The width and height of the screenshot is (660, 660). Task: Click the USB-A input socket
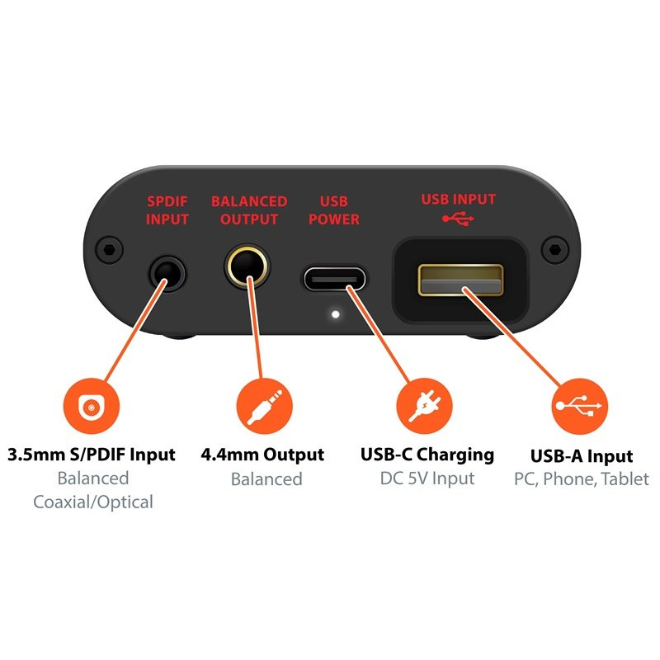(x=460, y=280)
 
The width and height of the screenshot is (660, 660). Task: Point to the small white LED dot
(x=334, y=313)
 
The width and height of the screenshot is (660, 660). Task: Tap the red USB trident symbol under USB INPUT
(x=459, y=218)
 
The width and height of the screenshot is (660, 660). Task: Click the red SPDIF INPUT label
(x=167, y=210)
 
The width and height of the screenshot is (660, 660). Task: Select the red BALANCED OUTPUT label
(x=249, y=210)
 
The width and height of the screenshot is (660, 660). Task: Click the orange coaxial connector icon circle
(x=92, y=405)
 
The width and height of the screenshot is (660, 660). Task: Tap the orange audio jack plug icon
(x=264, y=405)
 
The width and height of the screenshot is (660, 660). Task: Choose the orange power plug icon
(x=424, y=405)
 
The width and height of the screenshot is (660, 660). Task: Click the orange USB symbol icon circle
(x=579, y=405)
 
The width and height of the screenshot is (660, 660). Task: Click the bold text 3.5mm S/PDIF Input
(x=92, y=454)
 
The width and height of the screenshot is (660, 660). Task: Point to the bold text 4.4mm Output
(x=262, y=455)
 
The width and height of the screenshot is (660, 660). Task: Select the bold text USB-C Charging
(x=427, y=455)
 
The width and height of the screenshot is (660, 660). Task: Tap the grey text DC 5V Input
(x=427, y=478)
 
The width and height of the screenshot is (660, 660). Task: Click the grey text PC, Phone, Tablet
(x=582, y=478)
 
